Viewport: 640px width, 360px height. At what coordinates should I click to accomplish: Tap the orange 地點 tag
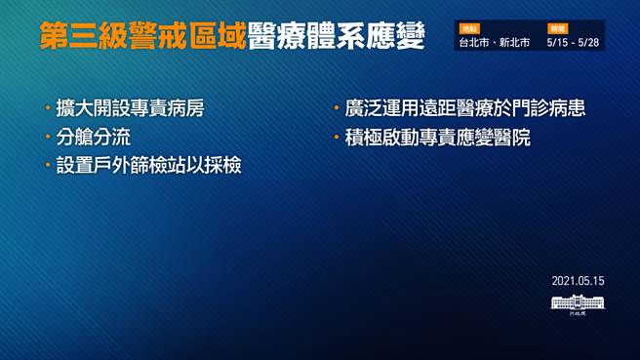(469, 29)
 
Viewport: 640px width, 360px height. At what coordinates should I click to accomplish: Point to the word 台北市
(476, 44)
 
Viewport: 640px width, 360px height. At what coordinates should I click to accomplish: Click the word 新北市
(514, 44)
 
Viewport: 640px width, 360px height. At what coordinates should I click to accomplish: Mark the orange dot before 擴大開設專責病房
(48, 108)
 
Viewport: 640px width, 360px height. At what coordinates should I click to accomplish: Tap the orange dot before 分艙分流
(48, 138)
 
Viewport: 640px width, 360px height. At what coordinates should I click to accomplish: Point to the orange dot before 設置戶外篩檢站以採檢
(48, 167)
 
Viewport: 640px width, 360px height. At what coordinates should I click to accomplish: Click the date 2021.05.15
(578, 281)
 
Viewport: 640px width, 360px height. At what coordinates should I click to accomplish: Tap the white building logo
(578, 302)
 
